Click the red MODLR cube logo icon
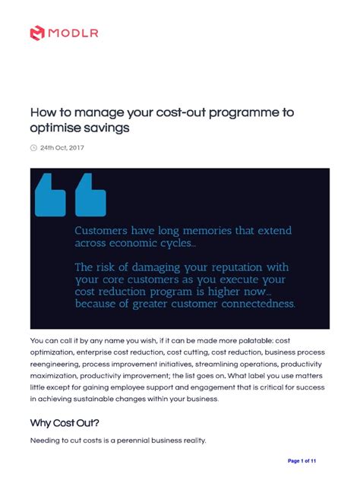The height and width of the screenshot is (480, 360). pos(38,32)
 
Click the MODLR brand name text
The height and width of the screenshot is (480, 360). pos(74,32)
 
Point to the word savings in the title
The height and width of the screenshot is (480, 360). pos(106,129)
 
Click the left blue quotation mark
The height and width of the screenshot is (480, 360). pos(50,194)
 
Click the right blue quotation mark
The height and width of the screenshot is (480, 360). pos(90,194)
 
